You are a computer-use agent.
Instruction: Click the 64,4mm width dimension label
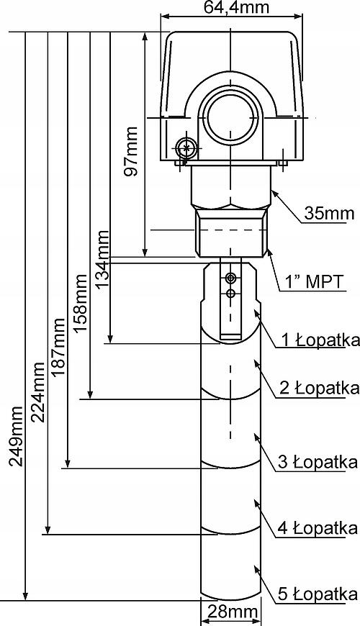click(x=231, y=6)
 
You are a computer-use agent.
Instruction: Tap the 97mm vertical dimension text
click(x=130, y=151)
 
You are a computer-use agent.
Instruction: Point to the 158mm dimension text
click(x=81, y=303)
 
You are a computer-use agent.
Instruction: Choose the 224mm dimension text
click(x=37, y=392)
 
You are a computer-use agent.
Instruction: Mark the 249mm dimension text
click(x=16, y=437)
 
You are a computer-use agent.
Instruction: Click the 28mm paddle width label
click(x=230, y=612)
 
